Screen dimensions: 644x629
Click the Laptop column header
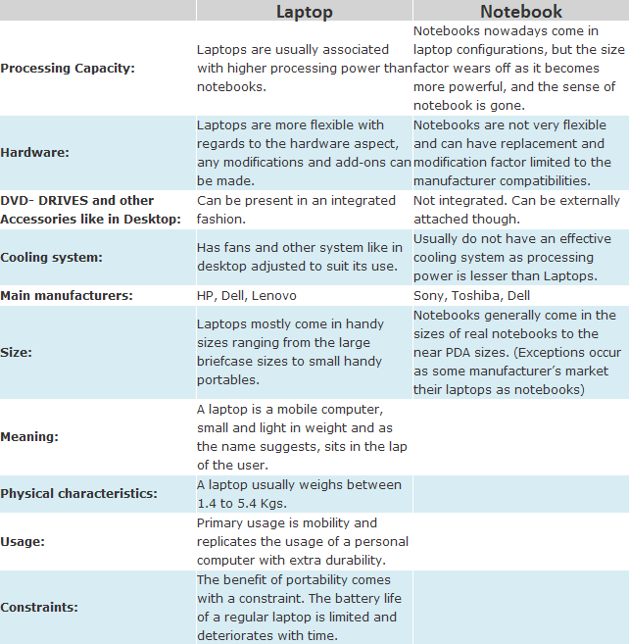coord(304,12)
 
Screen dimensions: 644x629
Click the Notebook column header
coord(520,12)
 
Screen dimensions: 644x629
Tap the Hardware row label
coord(35,153)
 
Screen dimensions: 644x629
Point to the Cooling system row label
coord(51,257)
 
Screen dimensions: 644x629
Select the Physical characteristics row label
coord(78,493)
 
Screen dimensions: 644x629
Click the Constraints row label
coord(40,607)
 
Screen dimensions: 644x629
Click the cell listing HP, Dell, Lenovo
coord(246,295)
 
